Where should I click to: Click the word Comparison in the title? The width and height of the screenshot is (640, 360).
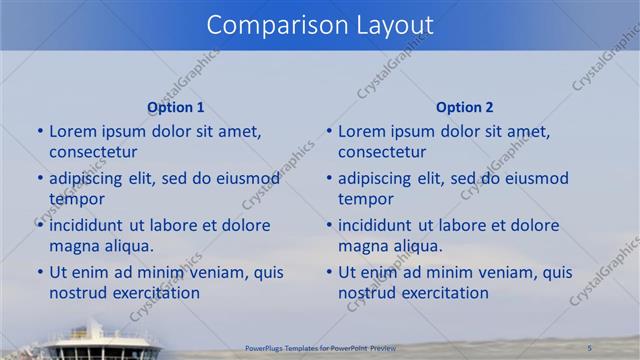[x=268, y=25]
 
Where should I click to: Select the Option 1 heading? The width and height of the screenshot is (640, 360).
[x=176, y=107]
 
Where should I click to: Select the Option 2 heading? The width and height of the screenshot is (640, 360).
[x=465, y=107]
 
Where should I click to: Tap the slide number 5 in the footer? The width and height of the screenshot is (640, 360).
[x=590, y=347]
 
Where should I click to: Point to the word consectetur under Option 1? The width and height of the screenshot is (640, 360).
[x=93, y=152]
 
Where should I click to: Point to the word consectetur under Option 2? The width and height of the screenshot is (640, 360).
[x=382, y=152]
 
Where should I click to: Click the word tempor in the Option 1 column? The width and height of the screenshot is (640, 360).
[x=71, y=198]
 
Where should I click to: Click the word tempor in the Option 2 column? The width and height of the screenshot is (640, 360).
[x=360, y=198]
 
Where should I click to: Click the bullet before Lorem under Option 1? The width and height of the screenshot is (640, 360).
[x=39, y=131]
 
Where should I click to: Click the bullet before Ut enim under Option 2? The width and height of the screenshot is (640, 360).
[x=328, y=272]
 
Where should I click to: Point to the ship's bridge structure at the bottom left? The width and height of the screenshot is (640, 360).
[x=100, y=340]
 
